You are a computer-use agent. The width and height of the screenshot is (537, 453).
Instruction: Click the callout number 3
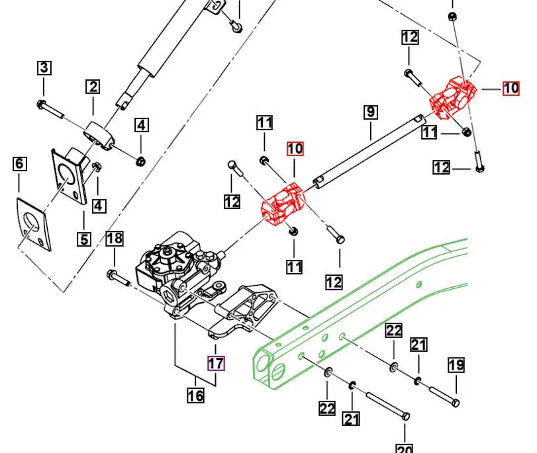[x=44, y=67]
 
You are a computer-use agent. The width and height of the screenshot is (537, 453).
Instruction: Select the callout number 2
[x=93, y=87]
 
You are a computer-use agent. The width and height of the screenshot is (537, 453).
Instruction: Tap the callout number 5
[x=84, y=238]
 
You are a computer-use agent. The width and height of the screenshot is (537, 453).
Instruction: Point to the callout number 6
[x=19, y=163]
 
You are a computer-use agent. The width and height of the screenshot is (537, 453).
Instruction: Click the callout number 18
[x=115, y=239]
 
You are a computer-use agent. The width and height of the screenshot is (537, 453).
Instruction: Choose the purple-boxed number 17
[x=216, y=363]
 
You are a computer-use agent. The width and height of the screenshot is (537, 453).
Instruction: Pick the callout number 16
[x=195, y=395]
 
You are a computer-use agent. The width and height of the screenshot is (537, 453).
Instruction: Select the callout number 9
[x=370, y=112]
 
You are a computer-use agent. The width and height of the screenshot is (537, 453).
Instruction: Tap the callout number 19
[x=456, y=365]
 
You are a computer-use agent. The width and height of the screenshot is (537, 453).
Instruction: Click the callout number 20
[x=404, y=447]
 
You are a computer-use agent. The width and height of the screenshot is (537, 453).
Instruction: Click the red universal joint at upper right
[x=453, y=98]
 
